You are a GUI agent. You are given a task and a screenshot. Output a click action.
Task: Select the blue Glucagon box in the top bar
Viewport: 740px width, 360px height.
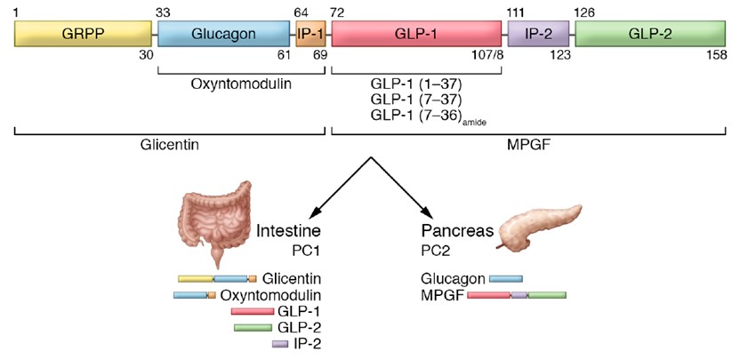[x=226, y=35]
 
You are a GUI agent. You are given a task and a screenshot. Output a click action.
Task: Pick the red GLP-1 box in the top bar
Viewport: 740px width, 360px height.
[x=415, y=35]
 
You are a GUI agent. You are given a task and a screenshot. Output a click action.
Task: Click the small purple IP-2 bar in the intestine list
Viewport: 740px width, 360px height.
[x=279, y=343]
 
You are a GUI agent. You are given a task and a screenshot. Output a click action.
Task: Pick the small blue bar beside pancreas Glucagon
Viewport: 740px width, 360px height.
[x=505, y=278]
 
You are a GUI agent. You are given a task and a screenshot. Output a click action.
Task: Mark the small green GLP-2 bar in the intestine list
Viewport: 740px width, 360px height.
[x=253, y=327]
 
